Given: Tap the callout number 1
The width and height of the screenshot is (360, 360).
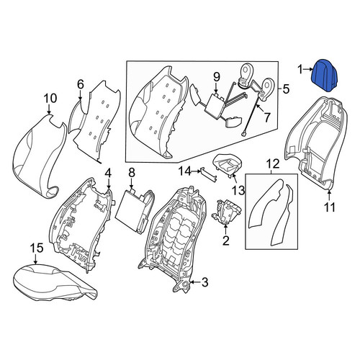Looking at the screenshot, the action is tap(300, 70).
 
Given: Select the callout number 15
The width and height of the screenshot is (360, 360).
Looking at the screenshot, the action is tap(37, 248).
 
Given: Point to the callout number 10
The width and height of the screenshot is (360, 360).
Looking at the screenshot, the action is tap(50, 99).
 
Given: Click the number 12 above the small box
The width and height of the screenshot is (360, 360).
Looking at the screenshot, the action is tap(273, 164).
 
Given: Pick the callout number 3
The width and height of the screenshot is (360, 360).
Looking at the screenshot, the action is tap(204, 282).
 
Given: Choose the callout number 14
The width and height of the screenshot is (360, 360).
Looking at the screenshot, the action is tap(184, 171).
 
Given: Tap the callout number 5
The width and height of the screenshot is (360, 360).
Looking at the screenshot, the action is tap(286, 89).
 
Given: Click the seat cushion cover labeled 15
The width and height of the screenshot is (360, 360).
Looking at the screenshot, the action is tap(55, 282).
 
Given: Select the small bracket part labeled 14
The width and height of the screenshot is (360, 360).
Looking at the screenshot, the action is tap(209, 174).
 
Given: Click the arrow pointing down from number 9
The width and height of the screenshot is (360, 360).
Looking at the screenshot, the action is tap(217, 88).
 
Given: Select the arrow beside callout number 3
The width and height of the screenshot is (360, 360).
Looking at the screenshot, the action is tap(195, 283).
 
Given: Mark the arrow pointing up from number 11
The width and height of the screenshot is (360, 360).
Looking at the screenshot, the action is tap(329, 195).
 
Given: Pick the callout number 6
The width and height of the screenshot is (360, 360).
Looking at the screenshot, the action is tap(81, 85).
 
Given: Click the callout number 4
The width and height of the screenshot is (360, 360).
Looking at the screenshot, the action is tap(108, 174).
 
